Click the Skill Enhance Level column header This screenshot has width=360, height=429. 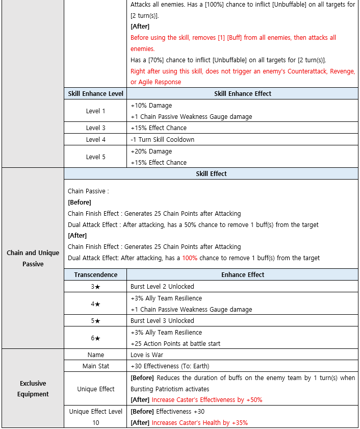pos(95,94)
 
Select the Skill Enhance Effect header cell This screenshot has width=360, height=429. pos(243,94)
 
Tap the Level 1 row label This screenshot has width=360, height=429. pos(95,111)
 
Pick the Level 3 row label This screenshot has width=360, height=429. pos(95,128)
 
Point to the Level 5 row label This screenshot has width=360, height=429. pos(95,157)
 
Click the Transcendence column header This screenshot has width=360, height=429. pos(95,275)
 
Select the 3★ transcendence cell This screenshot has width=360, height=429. pos(95,287)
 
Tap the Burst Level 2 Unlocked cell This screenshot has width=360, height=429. pos(162,287)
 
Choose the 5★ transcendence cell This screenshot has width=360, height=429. pos(95,321)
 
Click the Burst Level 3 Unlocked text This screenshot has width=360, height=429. pos(162,321)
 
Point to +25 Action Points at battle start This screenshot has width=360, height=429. pos(175,343)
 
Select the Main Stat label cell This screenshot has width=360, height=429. pos(95,366)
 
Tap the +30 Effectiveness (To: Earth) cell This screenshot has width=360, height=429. pos(170,366)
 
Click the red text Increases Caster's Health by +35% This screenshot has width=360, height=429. pos(199,423)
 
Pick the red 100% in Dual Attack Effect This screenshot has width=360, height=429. pos(190,258)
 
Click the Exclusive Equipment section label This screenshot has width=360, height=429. pos(33,389)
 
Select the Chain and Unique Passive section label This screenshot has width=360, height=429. pos(33,258)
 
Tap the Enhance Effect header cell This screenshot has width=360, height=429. pos(243,275)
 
